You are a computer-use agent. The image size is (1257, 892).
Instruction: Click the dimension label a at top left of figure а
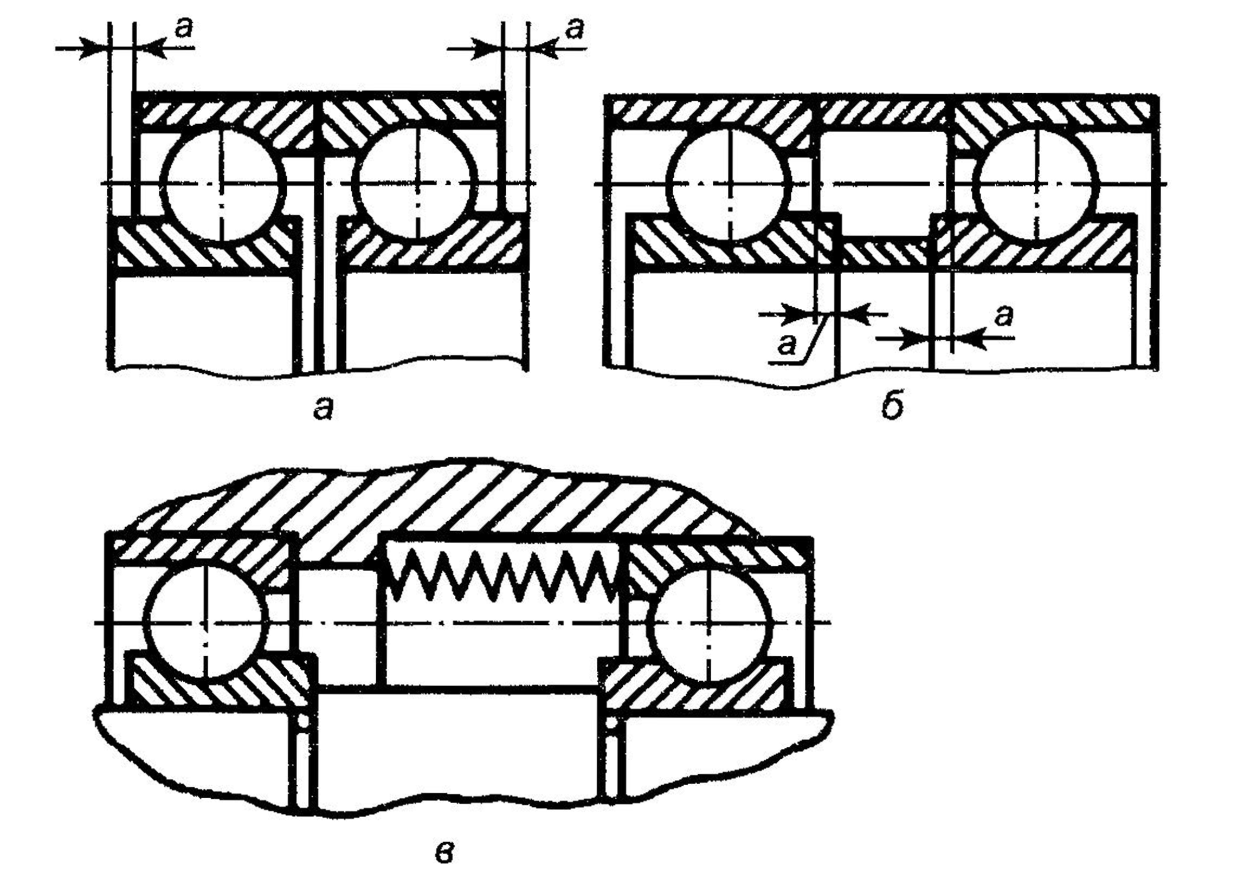point(184,29)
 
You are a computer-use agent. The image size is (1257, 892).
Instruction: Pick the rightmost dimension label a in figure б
point(1004,317)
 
